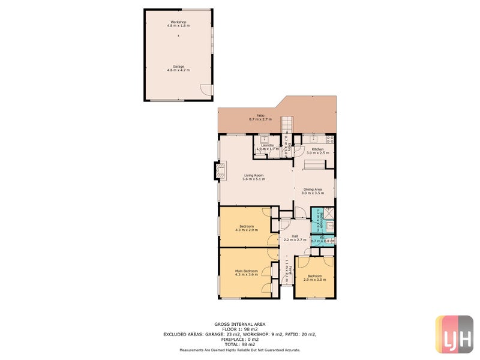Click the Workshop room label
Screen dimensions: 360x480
point(178,22)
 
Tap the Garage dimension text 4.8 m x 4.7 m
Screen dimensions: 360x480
point(178,70)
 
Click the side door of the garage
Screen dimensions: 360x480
point(206,90)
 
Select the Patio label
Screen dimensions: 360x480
point(260,115)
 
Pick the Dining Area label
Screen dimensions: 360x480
point(313,190)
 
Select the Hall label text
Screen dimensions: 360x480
point(295,236)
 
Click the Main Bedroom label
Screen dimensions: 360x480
point(246,271)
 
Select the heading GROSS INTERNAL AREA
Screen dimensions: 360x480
point(239,323)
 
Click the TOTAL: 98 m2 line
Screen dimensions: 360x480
point(239,343)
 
